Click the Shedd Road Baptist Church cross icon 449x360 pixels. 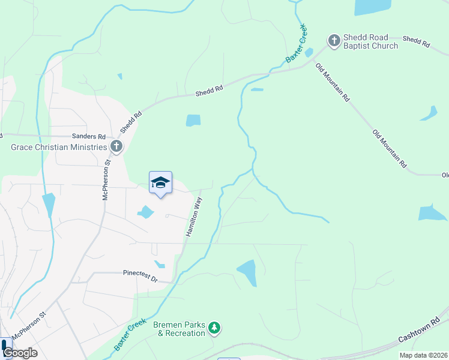[334, 41]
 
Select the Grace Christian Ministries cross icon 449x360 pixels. [116, 146]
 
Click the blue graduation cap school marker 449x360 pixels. [160, 183]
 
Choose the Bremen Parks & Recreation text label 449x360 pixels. [179, 329]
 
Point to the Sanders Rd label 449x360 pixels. [88, 137]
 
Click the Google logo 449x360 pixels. [19, 352]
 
